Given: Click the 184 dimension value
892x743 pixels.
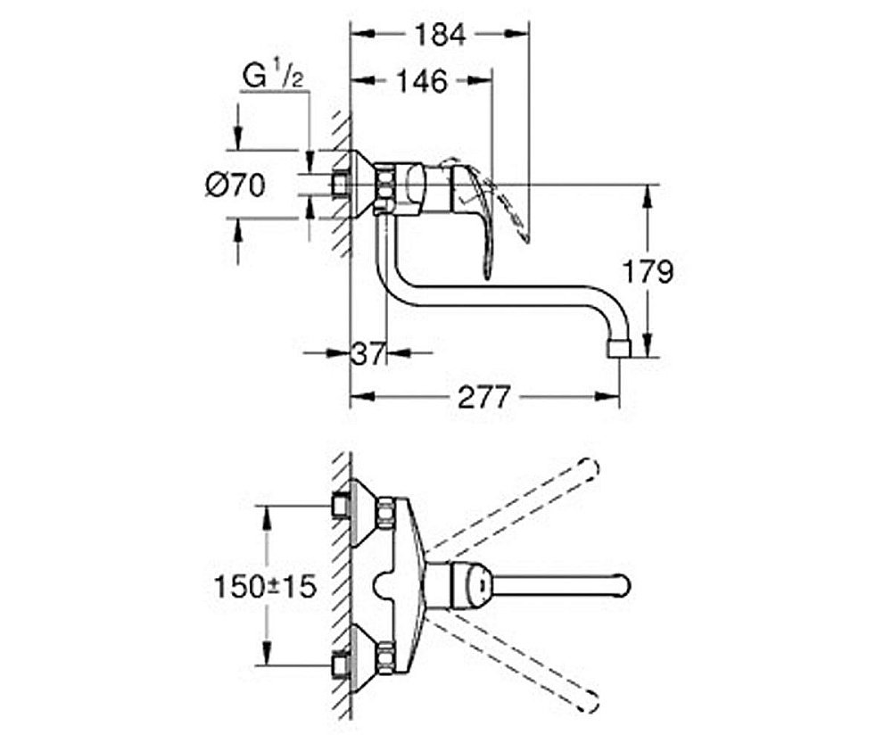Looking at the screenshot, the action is click(440, 35).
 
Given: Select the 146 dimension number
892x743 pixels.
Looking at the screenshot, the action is click(422, 81).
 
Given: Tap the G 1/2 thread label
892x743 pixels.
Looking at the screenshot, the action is click(273, 77).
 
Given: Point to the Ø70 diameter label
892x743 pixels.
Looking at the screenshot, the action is click(235, 186).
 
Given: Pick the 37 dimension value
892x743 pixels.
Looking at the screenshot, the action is click(368, 354).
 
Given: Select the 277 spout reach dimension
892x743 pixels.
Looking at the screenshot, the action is click(484, 397).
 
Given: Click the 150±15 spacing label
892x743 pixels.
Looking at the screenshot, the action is click(265, 587).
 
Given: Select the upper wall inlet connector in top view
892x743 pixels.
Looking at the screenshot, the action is click(340, 506).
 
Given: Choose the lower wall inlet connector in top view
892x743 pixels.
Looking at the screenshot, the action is click(340, 665).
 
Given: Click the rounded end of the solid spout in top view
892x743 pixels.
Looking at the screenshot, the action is click(624, 585).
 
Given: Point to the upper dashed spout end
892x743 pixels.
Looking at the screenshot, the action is click(590, 469).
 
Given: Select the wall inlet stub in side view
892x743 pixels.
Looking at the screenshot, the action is click(340, 186).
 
